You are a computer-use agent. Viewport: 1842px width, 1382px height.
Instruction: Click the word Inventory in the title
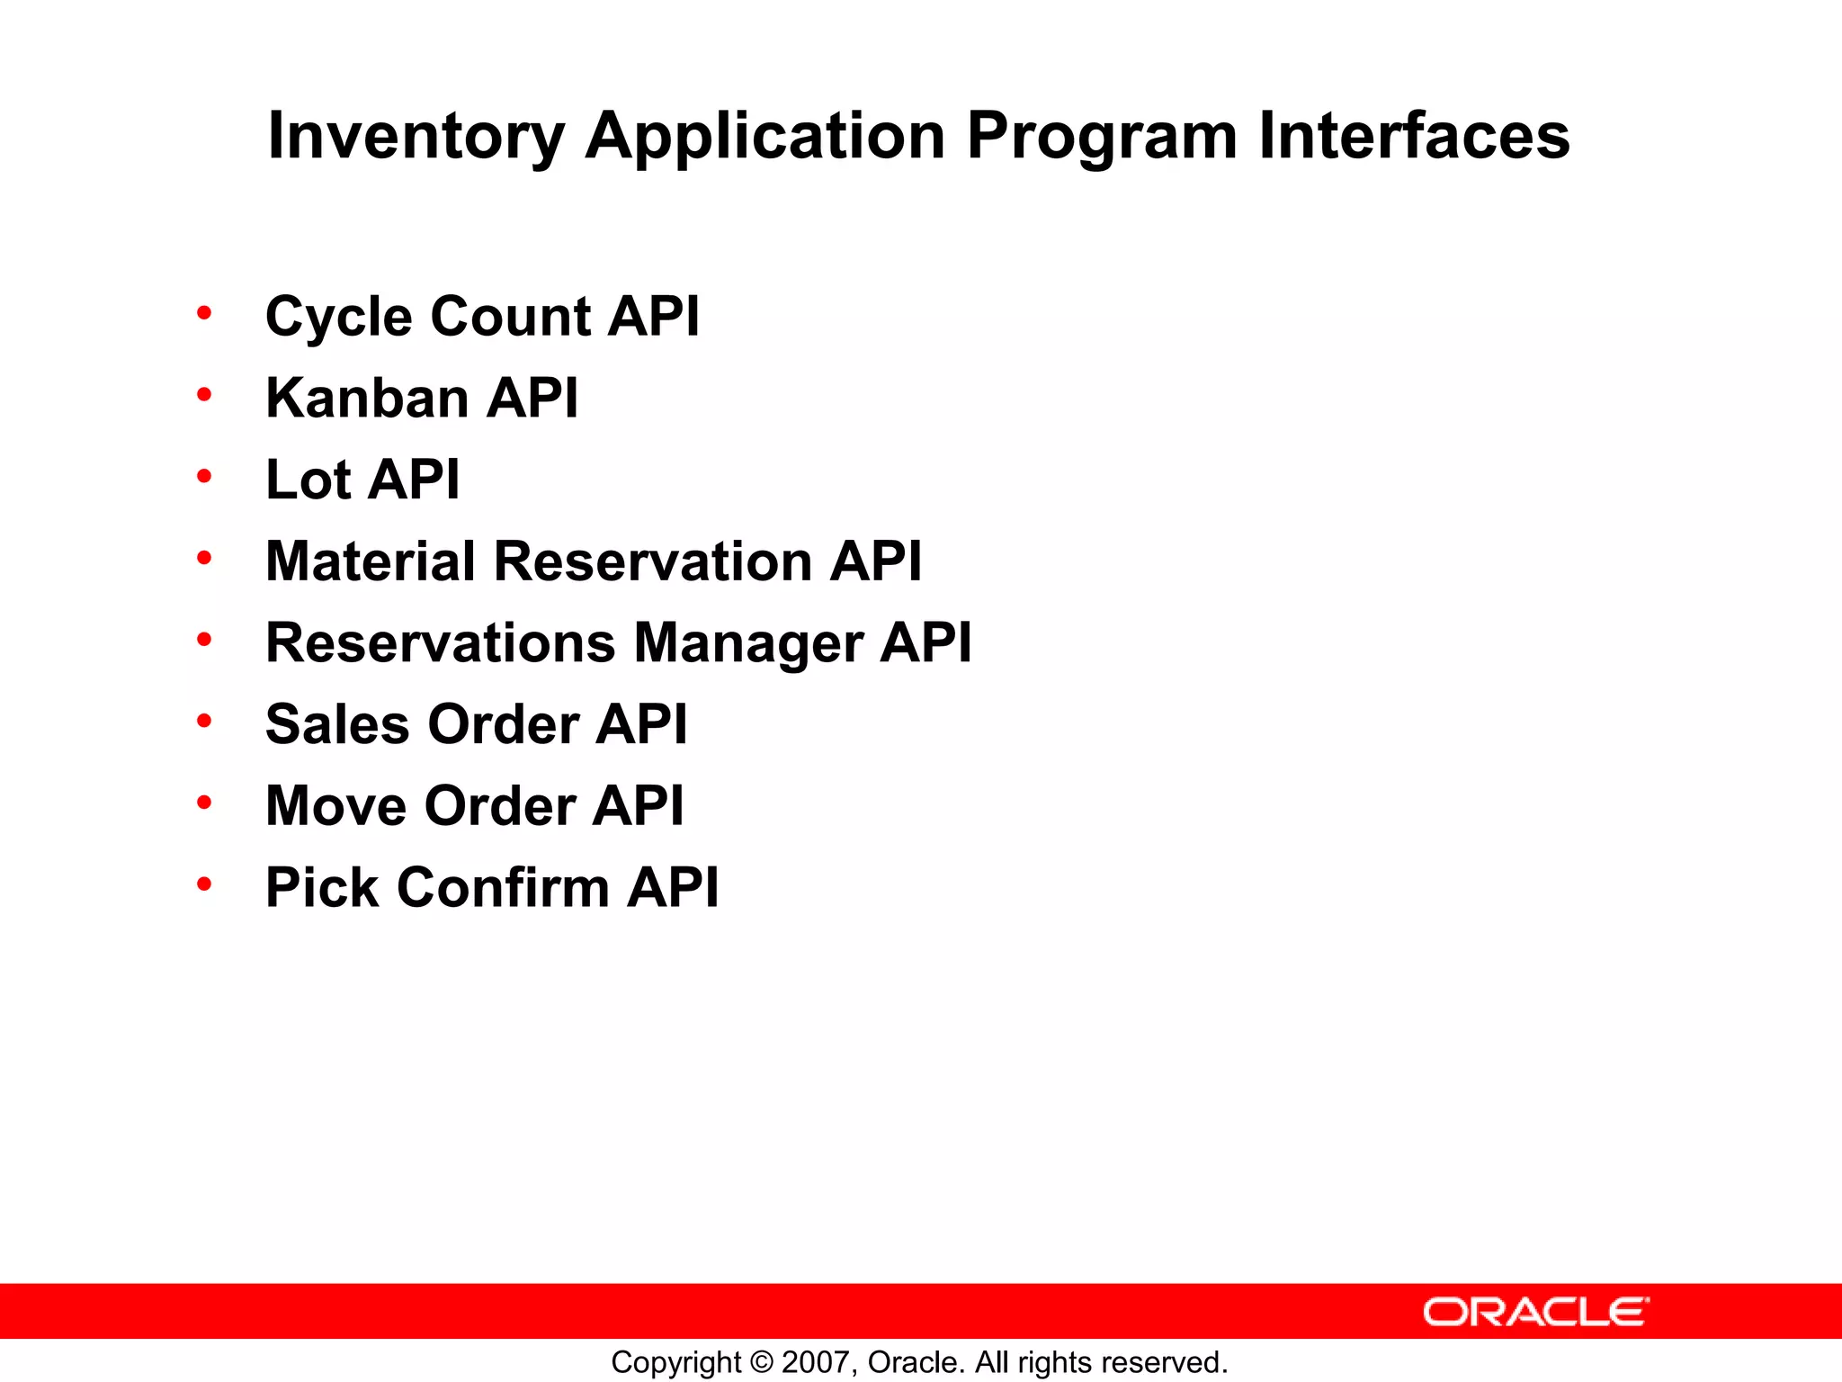coord(416,137)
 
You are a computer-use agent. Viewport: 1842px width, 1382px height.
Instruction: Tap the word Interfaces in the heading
coord(1413,137)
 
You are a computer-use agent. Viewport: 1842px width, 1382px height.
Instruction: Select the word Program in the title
coord(1102,137)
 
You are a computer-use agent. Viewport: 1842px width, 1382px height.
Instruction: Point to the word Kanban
coord(367,398)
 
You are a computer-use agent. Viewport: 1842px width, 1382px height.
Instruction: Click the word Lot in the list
coord(308,480)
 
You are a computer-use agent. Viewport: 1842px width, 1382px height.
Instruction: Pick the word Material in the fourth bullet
coord(370,561)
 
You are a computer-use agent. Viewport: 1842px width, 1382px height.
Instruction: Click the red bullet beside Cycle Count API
coord(204,313)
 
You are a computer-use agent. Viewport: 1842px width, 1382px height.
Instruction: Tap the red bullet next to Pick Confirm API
coord(204,884)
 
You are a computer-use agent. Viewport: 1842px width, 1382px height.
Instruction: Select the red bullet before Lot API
coord(204,476)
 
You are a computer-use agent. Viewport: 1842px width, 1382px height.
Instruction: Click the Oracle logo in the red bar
coord(1535,1312)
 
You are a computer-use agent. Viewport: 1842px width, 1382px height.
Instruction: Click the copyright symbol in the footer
coord(761,1362)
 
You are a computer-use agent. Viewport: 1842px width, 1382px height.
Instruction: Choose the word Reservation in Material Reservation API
coord(653,561)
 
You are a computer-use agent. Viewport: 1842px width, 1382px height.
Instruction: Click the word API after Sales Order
coord(641,724)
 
